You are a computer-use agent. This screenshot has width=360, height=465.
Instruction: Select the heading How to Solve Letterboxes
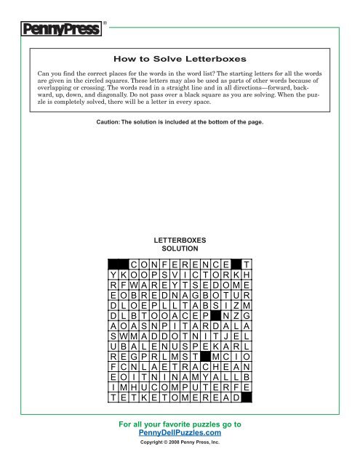[x=179, y=58]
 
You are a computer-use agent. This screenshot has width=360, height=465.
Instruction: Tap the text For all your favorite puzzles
[x=180, y=423]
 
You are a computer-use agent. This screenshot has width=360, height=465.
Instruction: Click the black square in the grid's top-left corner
[x=118, y=263]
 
